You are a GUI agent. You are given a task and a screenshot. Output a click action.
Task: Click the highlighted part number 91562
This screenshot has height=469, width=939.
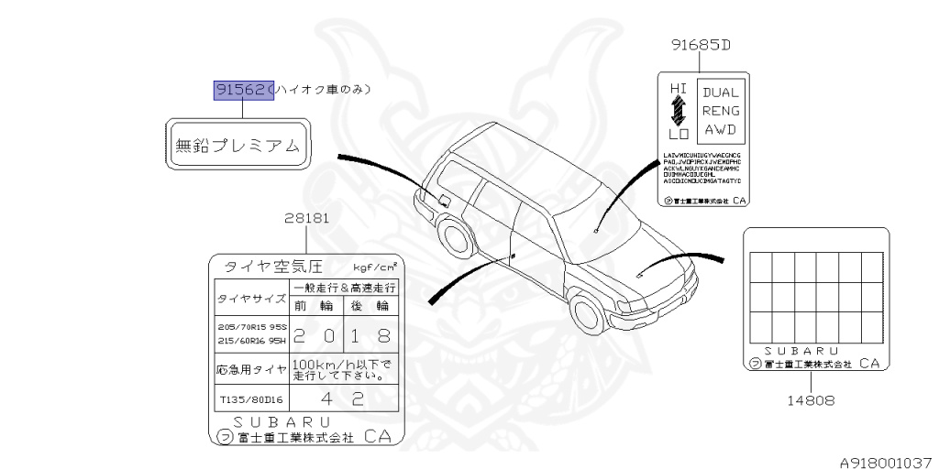point(244,90)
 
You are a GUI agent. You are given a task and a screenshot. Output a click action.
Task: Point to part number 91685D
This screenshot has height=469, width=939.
point(699,44)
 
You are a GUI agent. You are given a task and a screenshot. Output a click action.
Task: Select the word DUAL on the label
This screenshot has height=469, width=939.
point(721,92)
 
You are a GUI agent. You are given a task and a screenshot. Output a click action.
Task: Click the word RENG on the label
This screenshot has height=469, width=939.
point(721,111)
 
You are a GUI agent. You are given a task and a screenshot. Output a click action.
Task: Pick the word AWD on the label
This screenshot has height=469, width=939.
point(721,130)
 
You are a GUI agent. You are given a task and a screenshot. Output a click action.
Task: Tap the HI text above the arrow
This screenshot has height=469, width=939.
point(678,88)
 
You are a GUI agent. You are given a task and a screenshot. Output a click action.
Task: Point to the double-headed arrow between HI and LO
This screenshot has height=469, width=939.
point(678,112)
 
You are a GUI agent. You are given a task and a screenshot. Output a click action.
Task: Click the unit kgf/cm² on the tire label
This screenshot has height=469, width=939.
point(375,267)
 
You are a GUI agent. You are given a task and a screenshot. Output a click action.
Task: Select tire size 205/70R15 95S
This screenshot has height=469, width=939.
point(252,326)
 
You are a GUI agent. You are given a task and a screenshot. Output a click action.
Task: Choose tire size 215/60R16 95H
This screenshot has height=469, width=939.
point(252,341)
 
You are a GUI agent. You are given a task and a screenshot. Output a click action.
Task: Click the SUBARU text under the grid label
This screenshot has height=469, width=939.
point(801,350)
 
